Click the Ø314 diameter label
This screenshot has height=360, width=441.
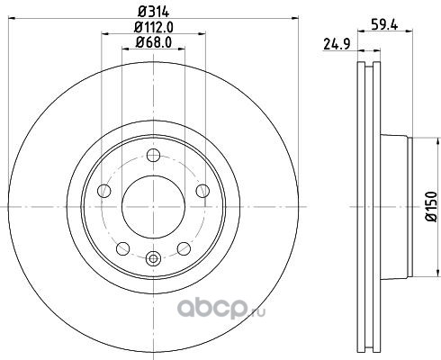pyautogui.click(x=153, y=12)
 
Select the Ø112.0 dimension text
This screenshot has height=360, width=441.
pyautogui.click(x=153, y=28)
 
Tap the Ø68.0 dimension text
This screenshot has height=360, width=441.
pyautogui.click(x=153, y=42)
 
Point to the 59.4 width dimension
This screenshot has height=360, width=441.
pyautogui.click(x=384, y=24)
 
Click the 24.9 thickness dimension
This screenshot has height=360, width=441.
pyautogui.click(x=337, y=45)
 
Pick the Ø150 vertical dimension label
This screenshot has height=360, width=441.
pyautogui.click(x=431, y=206)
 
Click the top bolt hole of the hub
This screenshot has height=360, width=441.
pyautogui.click(x=153, y=155)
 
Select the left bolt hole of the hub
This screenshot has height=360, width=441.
pyautogui.click(x=104, y=191)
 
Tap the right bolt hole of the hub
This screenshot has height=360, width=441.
pyautogui.click(x=202, y=191)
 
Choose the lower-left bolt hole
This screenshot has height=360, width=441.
pyautogui.click(x=122, y=248)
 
